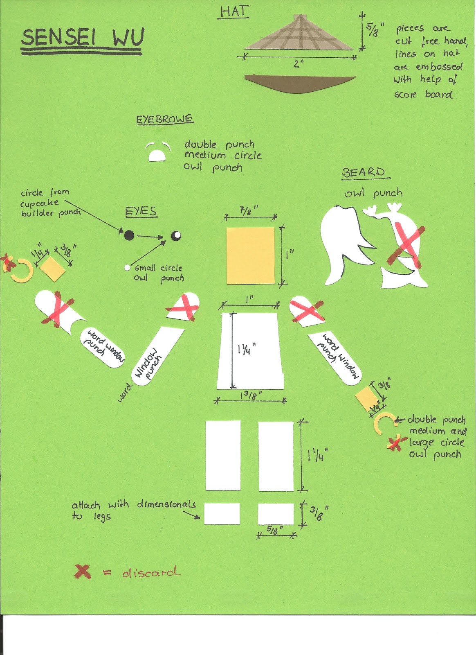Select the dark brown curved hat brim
click(x=300, y=84)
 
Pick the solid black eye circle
click(x=129, y=235)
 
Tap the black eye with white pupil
click(x=176, y=235)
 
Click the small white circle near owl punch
click(x=127, y=268)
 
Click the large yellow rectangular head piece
click(x=251, y=255)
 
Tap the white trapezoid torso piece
click(x=250, y=351)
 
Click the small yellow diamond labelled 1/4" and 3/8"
click(x=53, y=269)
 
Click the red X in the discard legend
click(x=83, y=571)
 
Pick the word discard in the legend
click(x=151, y=572)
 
